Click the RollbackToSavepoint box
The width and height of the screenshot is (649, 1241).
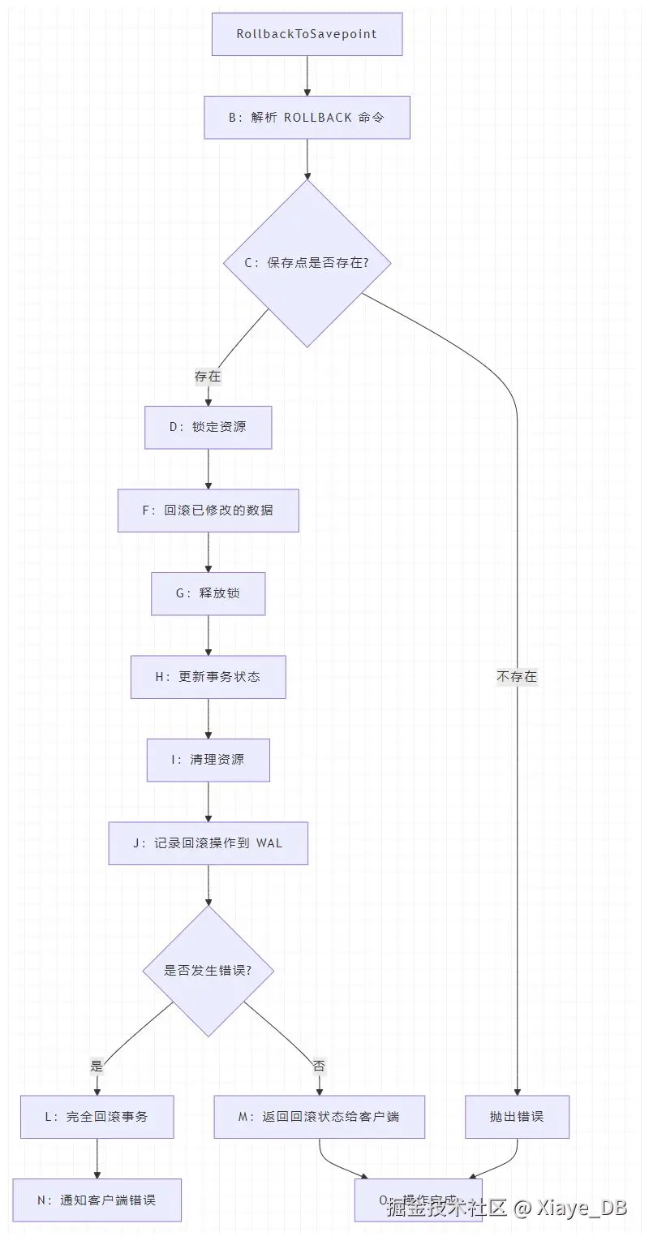coord(307,34)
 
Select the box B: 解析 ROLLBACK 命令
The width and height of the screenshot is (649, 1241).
coord(307,118)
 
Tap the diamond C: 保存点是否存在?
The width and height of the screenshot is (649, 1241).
coord(307,263)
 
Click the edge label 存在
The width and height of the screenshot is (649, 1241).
coord(208,377)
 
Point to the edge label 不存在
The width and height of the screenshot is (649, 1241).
coord(517,676)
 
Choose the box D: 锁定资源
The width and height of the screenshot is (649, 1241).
coord(208,427)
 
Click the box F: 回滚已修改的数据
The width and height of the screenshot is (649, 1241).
coord(208,511)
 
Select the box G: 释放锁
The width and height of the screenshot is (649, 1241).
coord(208,593)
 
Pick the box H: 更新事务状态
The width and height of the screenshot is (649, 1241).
coord(208,677)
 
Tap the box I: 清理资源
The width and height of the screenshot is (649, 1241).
coord(208,760)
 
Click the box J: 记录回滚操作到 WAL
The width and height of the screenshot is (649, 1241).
coord(208,843)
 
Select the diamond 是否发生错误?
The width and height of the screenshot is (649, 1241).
coord(208,971)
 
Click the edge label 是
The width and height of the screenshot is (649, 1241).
coord(97,1066)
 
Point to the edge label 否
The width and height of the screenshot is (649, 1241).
coord(319,1066)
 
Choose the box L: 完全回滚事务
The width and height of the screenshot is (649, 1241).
coord(97,1117)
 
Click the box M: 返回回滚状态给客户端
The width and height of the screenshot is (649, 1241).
coord(319,1117)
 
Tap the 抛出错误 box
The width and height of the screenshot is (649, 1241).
coord(517,1117)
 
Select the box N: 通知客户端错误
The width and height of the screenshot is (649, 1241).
coord(97,1200)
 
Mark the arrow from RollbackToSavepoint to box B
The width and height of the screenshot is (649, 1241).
coord(307,75)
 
